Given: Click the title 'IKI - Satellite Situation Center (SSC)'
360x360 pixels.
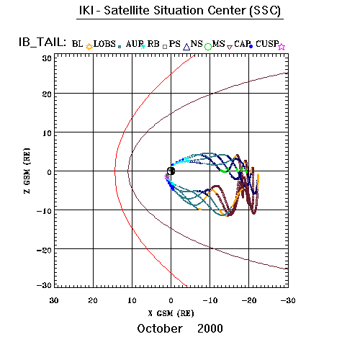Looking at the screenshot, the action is [x=180, y=11].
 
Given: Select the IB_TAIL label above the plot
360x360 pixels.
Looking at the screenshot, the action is [x=42, y=42].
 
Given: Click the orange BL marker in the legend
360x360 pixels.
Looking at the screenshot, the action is [x=89, y=47].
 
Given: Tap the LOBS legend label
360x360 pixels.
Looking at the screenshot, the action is [x=104, y=44].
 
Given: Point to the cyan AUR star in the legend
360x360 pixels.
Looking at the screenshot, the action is [x=143, y=47].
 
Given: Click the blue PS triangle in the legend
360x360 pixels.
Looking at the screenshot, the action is [x=186, y=47].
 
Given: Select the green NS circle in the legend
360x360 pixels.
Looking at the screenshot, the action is [x=208, y=47].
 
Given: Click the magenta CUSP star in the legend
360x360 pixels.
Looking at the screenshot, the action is [x=282, y=47].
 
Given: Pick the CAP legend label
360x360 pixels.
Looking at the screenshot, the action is [x=242, y=44].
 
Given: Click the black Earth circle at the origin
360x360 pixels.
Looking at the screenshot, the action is [x=171, y=171].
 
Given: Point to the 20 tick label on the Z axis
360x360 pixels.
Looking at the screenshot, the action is [x=47, y=94].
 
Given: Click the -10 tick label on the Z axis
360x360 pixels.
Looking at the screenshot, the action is [x=44, y=211].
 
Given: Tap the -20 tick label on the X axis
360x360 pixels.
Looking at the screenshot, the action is [x=249, y=300].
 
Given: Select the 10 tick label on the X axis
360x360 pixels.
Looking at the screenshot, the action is [x=132, y=300].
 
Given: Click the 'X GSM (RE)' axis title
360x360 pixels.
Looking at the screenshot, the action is [x=171, y=313].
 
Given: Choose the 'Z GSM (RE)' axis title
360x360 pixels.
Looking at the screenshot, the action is [x=27, y=171].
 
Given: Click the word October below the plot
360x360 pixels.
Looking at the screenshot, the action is [x=160, y=328].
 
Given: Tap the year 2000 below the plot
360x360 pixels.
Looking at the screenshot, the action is [x=210, y=328].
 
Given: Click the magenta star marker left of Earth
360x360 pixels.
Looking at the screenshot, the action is [x=166, y=177].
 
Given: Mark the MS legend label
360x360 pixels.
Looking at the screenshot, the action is [x=219, y=44].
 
